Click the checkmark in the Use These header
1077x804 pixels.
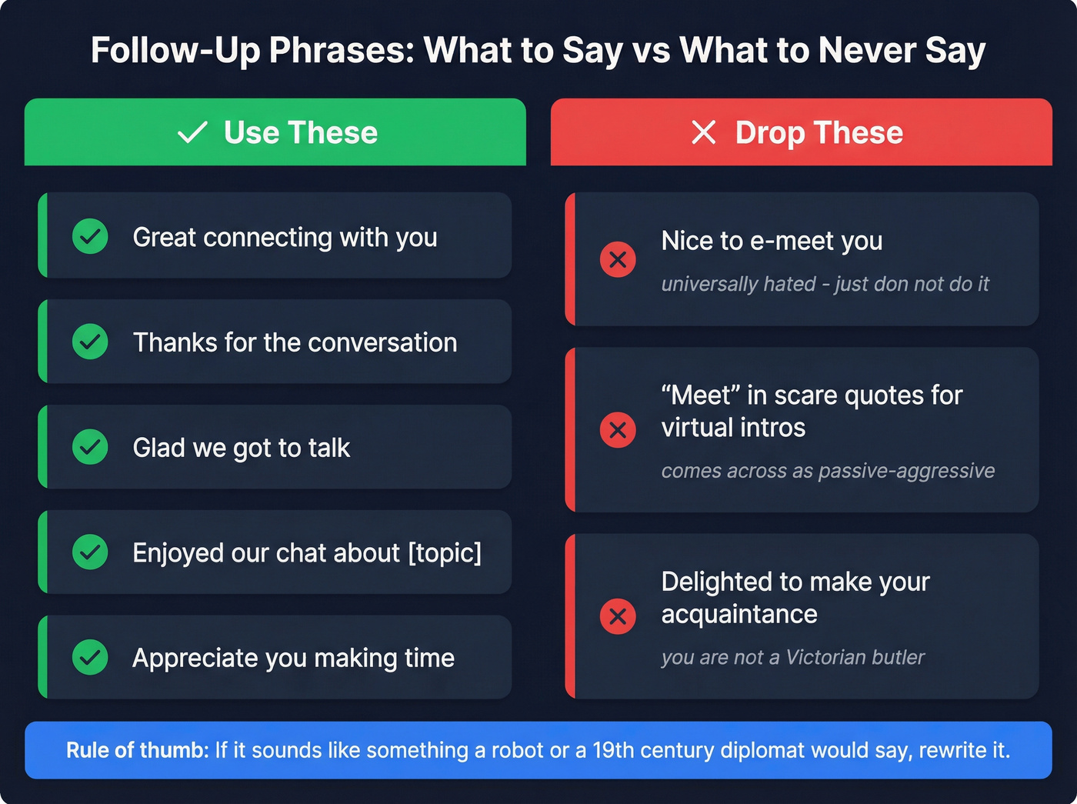coord(192,133)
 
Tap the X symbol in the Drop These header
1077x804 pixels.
coord(703,132)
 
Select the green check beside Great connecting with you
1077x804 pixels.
coord(90,237)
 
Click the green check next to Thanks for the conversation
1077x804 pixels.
coord(90,342)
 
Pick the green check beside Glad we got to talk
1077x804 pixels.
coord(90,447)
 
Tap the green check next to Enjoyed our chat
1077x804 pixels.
coord(90,552)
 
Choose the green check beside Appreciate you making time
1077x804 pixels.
coord(90,657)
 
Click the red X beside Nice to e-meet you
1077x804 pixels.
coord(618,260)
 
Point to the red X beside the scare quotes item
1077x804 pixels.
coord(618,430)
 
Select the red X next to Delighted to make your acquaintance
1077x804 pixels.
coord(618,616)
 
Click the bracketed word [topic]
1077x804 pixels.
coord(445,553)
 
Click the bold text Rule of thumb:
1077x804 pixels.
coord(138,750)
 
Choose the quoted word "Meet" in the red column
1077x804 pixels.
coord(700,395)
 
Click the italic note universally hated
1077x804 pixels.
coord(739,285)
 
